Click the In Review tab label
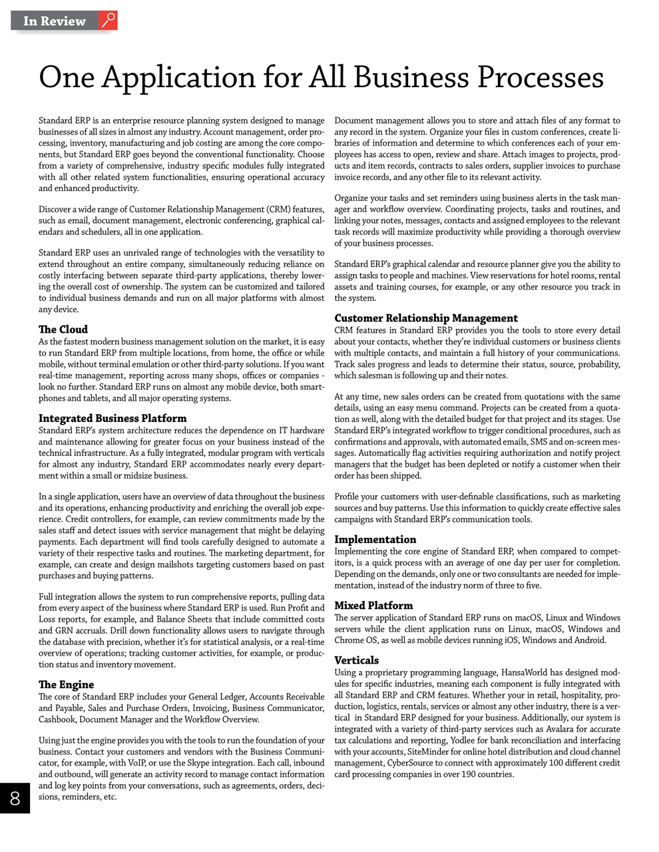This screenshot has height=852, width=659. pos(55,21)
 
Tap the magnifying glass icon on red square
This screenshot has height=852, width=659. pos(109,21)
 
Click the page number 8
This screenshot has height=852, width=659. pos(15,798)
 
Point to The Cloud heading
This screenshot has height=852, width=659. pos(63,329)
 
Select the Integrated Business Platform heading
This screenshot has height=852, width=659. pos(112,419)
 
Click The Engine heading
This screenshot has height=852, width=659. pos(66,685)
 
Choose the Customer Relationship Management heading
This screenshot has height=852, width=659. pos(426,318)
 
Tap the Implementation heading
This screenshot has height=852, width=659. pos(375,540)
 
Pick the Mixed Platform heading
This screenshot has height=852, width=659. pos(373,606)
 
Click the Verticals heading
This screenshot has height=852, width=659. pos(357,660)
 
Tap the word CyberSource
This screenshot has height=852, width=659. pos(412,763)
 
